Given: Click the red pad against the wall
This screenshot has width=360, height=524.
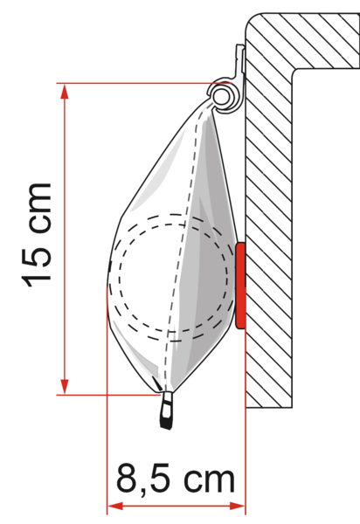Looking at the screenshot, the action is [x=240, y=286].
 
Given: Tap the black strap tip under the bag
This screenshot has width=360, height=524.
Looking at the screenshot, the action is [x=167, y=411].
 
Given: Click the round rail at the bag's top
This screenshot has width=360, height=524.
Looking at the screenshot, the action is [x=222, y=98].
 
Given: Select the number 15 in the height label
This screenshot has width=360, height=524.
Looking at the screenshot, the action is [x=37, y=265].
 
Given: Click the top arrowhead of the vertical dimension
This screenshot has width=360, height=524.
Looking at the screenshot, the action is [x=65, y=91].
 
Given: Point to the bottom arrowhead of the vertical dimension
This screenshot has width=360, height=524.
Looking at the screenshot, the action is [x=65, y=386].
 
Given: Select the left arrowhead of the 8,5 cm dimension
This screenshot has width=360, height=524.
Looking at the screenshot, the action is [x=115, y=507].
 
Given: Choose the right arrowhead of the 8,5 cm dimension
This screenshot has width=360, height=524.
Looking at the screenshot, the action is [x=237, y=507].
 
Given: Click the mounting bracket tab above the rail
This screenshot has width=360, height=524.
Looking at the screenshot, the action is [x=240, y=61].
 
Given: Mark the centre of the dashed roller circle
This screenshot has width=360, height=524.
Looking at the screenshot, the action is [x=172, y=278].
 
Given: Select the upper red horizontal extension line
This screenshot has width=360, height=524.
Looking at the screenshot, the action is [x=143, y=83].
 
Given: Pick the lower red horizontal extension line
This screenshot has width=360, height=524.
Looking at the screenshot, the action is [x=108, y=395].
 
